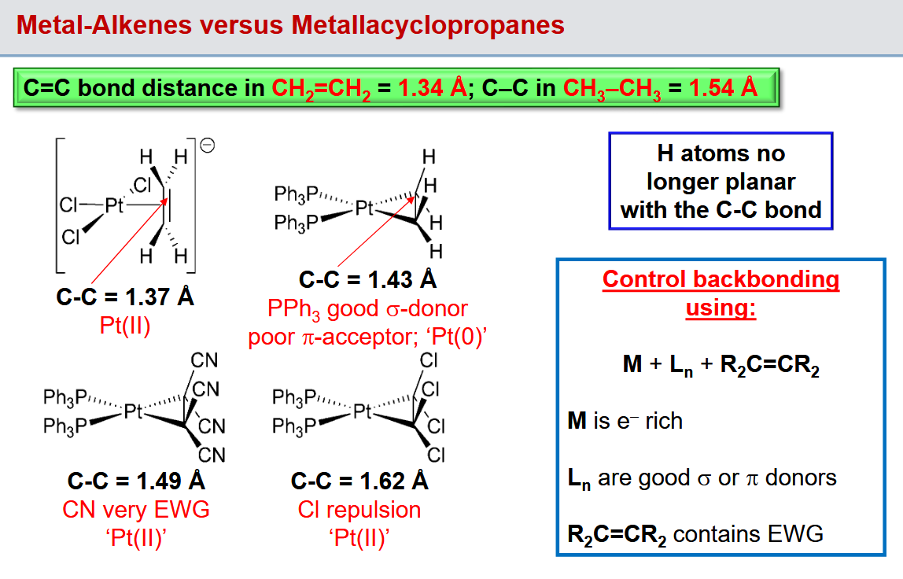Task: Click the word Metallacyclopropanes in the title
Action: tap(427, 25)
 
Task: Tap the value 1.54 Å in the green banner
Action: tap(723, 87)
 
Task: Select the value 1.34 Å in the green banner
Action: tap(433, 87)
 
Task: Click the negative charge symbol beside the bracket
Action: tap(208, 146)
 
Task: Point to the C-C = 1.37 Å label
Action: tap(125, 297)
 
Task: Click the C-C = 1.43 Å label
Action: tap(367, 279)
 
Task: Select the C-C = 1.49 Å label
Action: tap(136, 481)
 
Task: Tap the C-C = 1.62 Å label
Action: tap(359, 481)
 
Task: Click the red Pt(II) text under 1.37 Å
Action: tap(125, 326)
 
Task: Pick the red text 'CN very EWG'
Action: tap(136, 509)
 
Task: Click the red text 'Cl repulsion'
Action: tap(359, 509)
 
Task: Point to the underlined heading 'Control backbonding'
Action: tap(721, 279)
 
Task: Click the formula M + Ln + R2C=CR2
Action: tap(721, 365)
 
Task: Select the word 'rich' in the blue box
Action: tap(664, 421)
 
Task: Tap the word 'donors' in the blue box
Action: tap(801, 478)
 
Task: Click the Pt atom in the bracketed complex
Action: tap(114, 205)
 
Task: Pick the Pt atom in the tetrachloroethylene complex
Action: tap(363, 411)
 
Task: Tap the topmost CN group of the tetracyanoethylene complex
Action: tap(205, 360)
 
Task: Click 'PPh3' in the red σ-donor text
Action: tap(293, 309)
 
